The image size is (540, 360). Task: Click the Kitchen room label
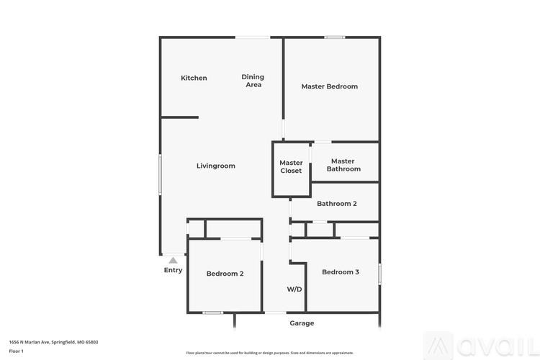194,78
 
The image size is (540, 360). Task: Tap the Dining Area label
253,81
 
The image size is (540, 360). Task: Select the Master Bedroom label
329,86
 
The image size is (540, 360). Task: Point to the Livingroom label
216,166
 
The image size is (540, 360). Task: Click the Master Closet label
291,166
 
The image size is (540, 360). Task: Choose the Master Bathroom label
343,165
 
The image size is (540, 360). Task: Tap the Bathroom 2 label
336,203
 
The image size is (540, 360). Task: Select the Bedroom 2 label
225,273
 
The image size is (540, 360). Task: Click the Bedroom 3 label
340,271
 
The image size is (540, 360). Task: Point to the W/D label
294,289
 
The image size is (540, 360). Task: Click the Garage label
302,323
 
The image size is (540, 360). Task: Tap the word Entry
173,270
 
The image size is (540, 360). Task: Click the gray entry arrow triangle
173,260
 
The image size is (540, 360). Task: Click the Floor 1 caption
16,351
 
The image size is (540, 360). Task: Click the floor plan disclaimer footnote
270,353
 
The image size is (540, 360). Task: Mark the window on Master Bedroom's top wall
334,37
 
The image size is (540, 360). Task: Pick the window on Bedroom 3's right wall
379,274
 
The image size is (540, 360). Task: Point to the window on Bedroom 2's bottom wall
212,312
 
